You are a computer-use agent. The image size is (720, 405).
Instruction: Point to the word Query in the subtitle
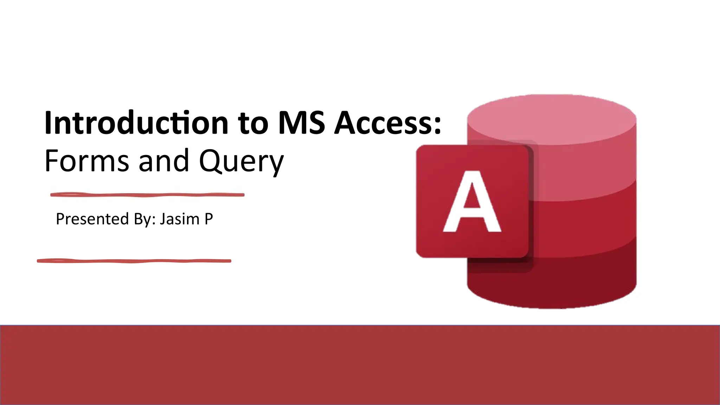coord(241,162)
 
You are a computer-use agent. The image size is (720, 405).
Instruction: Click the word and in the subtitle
coord(164,161)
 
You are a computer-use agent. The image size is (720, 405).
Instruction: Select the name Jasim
coord(180,219)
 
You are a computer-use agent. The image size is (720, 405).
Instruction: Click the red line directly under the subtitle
coord(147,195)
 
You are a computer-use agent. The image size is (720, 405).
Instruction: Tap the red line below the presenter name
coord(134,261)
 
